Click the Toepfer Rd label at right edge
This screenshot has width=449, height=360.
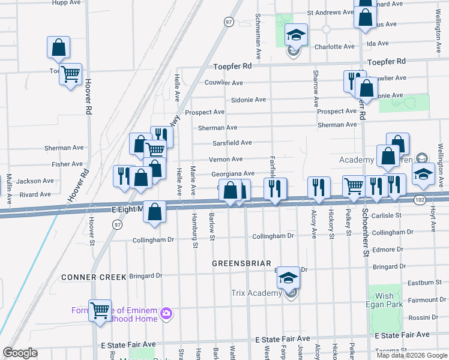pyautogui.click(x=387, y=62)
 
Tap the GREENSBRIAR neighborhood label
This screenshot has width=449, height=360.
pyautogui.click(x=242, y=263)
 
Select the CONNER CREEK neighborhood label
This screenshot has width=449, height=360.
pyautogui.click(x=94, y=277)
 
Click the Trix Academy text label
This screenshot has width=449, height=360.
pyautogui.click(x=256, y=293)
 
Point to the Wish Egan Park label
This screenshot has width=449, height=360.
pyautogui.click(x=385, y=299)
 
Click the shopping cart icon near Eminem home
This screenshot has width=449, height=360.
pyautogui.click(x=100, y=311)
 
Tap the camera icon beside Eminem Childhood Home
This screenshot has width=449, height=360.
pyautogui.click(x=166, y=313)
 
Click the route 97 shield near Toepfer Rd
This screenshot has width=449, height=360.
pyautogui.click(x=228, y=22)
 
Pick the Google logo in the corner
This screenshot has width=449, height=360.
pyautogui.click(x=20, y=353)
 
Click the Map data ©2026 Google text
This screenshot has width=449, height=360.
pyautogui.click(x=412, y=355)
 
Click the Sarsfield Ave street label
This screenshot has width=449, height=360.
pyautogui.click(x=232, y=143)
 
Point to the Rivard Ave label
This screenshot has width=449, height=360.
pyautogui.click(x=35, y=194)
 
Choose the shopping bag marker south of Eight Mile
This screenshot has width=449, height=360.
pyautogui.click(x=155, y=212)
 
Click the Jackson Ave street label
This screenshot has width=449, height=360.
pyautogui.click(x=35, y=181)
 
